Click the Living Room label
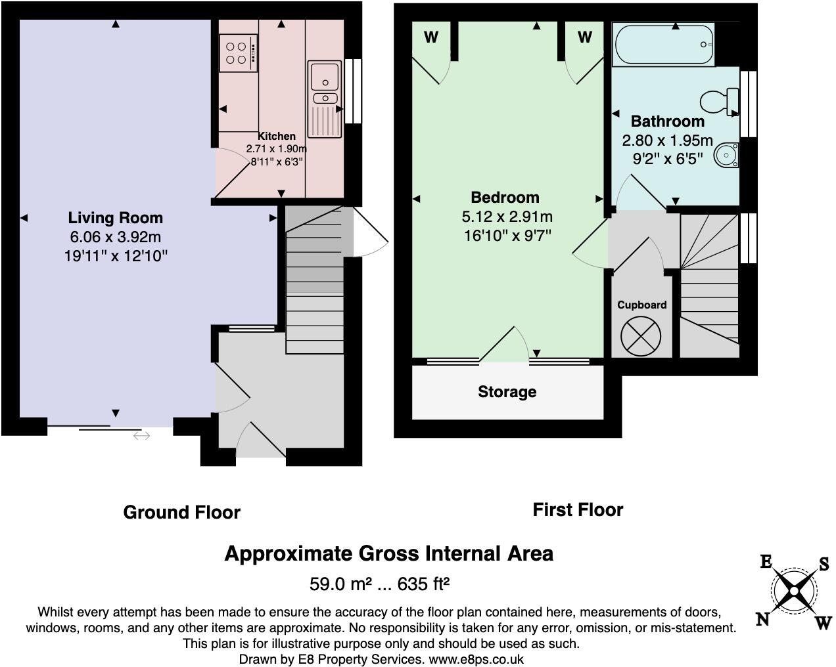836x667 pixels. tap(116, 218)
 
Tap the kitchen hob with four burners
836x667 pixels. tap(237, 53)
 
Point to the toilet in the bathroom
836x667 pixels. tap(718, 102)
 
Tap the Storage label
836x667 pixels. tap(507, 392)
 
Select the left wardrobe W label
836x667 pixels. tap(431, 37)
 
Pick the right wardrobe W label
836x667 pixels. tap(584, 37)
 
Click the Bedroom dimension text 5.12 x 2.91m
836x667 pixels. tap(507, 217)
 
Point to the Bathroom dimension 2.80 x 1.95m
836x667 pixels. tap(667, 140)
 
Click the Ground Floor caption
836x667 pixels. tap(181, 512)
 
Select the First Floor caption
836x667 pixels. tap(578, 509)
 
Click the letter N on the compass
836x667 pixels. tap(763, 619)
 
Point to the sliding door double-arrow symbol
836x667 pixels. tap(141, 435)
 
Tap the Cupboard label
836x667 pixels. tap(641, 305)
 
